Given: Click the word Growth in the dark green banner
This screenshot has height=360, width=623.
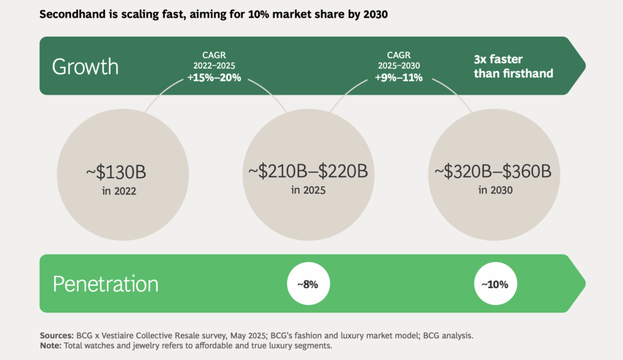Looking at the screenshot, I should click(x=85, y=66).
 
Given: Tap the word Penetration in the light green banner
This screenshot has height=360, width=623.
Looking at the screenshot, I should click(x=105, y=284).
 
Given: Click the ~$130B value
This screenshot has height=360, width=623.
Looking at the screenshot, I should click(x=116, y=172).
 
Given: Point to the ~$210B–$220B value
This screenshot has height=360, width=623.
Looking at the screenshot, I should click(x=308, y=172).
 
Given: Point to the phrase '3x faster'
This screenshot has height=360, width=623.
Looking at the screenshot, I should click(x=498, y=60).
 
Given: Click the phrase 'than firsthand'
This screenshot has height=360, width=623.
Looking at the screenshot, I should click(x=513, y=74).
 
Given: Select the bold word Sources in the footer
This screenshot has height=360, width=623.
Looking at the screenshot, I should click(x=57, y=335).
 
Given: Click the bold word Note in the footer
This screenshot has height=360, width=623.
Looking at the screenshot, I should click(x=51, y=345).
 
